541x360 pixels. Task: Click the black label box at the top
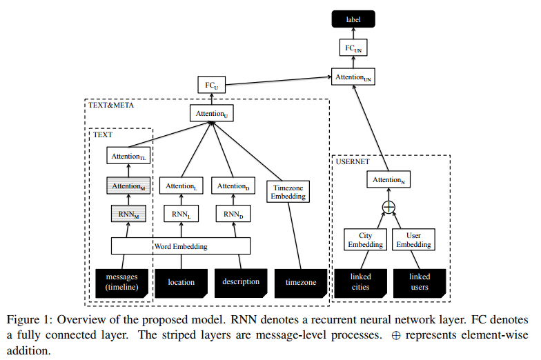353,19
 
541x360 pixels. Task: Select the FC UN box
353,48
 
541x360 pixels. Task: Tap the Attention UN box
353,77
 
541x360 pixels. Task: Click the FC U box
211,86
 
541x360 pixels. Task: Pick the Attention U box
211,113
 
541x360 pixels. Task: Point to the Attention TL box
128,157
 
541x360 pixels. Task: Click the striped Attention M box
128,186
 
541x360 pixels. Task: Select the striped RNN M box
128,214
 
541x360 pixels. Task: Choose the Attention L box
181,186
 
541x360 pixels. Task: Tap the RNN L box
181,214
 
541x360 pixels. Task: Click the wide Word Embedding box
181,246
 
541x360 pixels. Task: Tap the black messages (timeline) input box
121,282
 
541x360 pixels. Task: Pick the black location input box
181,282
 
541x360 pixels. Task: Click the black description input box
241,281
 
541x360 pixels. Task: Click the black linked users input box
420,282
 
